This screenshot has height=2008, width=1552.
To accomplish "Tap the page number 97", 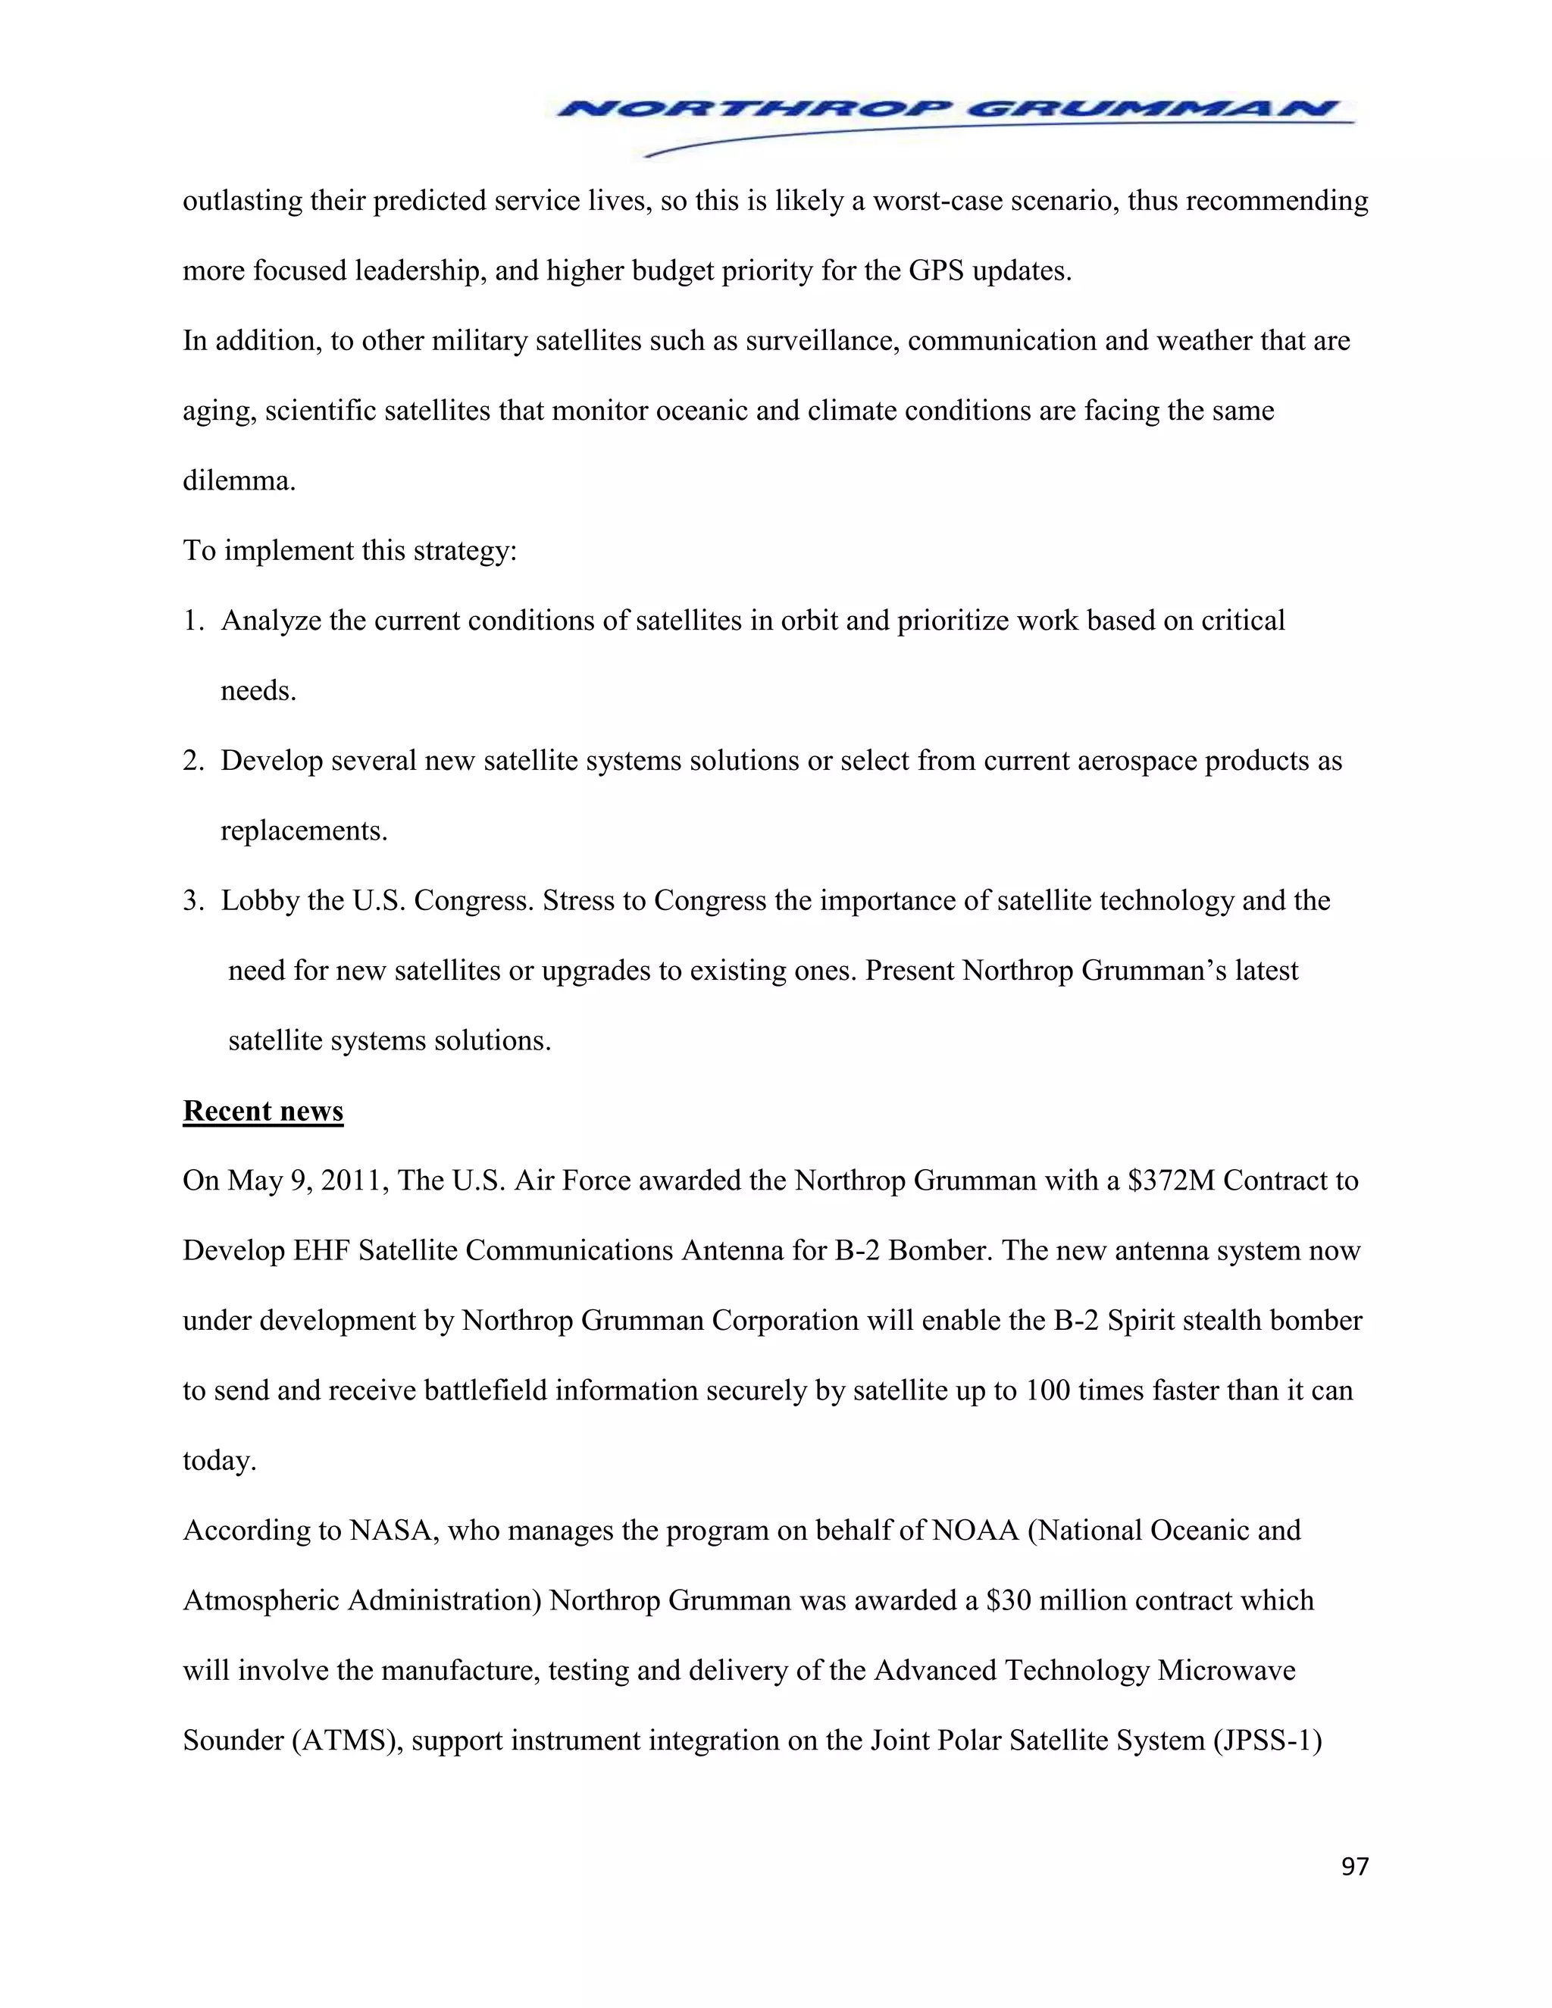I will (x=1354, y=1866).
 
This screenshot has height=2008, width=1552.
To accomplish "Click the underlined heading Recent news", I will (x=263, y=1111).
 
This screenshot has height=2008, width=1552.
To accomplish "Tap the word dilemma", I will (x=238, y=481).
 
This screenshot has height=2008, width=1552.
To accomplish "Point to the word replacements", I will (x=302, y=831).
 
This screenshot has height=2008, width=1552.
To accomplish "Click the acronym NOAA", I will (x=975, y=1531).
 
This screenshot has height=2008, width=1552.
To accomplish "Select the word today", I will (x=218, y=1461).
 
